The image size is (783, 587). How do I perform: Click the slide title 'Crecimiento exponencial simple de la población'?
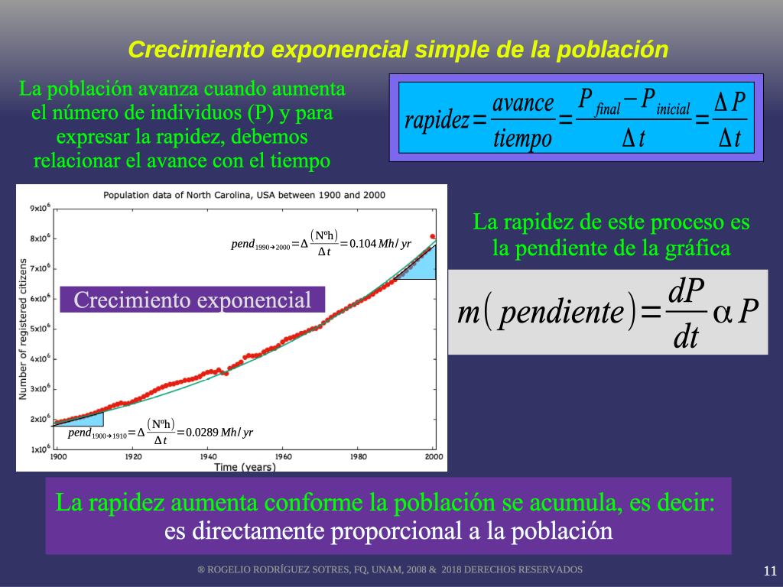398,50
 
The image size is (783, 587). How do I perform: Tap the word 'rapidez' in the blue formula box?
437,120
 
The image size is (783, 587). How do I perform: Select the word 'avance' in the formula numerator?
523,103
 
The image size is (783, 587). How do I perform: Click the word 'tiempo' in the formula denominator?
522,138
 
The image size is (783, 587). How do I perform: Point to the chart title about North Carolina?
244,195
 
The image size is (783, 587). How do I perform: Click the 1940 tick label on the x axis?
208,456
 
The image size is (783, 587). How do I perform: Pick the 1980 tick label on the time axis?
358,456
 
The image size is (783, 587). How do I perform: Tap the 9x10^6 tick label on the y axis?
41,208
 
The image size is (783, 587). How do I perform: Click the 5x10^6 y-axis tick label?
41,329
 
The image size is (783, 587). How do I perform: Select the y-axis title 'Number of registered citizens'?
22,329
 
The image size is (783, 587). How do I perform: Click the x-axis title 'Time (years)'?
245,467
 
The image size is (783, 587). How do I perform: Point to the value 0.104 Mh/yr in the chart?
380,244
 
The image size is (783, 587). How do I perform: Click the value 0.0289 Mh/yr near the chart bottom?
219,433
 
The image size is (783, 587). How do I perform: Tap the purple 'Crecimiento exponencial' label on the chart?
192,300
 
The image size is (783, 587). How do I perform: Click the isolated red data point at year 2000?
433,237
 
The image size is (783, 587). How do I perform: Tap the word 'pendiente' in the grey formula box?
561,313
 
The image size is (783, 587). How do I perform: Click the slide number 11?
770,570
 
